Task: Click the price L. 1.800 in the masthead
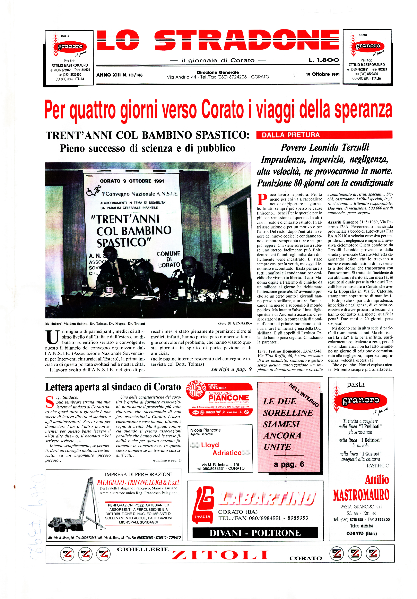pos(324,60)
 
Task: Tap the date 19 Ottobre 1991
pos(323,74)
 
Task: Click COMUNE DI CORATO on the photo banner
pos(169,259)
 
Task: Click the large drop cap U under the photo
pos(52,337)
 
